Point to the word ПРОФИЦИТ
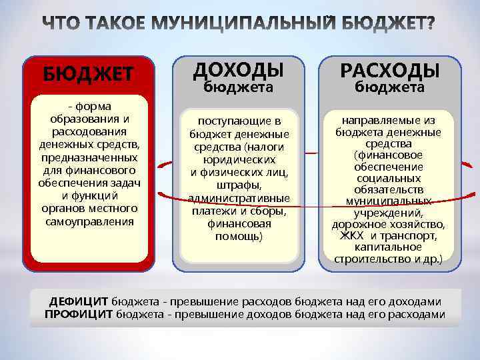79,314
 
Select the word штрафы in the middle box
238,185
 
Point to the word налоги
265,147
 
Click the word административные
239,198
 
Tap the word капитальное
389,247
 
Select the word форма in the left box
93,107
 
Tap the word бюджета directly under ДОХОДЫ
238,87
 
